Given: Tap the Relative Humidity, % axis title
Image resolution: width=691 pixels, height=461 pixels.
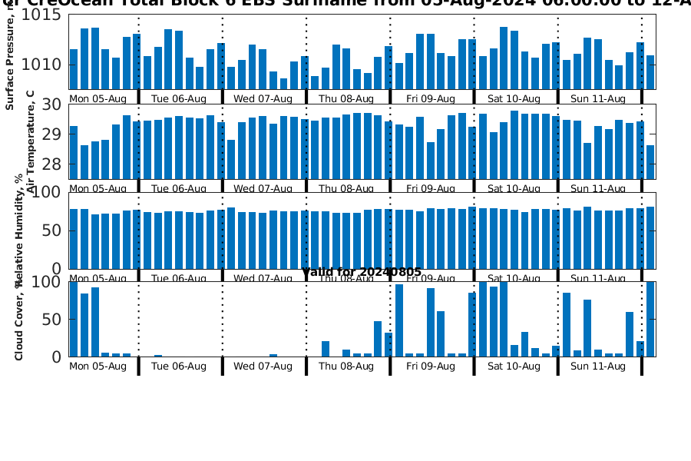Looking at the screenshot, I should pos(18,230).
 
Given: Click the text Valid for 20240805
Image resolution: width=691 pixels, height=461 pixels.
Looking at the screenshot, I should pos(362,273).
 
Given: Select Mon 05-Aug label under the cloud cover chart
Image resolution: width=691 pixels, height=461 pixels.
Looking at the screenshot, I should pos(98,366).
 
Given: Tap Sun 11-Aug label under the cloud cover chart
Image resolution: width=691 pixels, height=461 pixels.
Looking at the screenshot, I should pos(597,366).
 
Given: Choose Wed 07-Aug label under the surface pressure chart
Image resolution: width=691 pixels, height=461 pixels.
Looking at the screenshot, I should pos(263,98).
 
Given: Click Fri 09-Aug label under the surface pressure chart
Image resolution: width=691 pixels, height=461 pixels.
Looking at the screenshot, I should pos(430,98).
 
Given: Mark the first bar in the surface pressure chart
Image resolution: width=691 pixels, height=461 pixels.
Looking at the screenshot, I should pos(74,69).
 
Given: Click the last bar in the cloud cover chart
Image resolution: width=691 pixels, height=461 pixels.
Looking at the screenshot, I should pos(650,319).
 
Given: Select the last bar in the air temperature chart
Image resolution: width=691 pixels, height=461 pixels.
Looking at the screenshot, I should pos(650,162).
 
